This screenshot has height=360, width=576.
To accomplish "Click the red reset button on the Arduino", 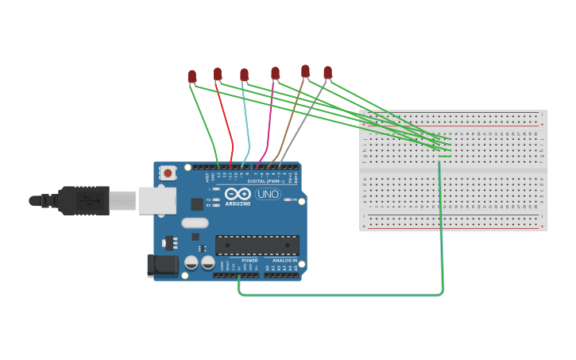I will click(168, 172).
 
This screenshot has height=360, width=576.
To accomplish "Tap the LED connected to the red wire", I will click(218, 74).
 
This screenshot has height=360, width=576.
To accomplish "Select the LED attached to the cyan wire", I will click(244, 75).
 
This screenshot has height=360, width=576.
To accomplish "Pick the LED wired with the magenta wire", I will click(275, 73).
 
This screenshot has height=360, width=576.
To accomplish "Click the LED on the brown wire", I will click(305, 71).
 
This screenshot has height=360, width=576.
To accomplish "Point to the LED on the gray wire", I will click(327, 72).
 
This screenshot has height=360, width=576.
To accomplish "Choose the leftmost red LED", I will click(191, 76).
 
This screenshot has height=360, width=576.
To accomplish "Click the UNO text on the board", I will click(268, 194).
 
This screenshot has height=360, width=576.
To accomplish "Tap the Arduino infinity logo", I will click(238, 193).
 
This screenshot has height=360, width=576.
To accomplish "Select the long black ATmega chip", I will click(257, 245).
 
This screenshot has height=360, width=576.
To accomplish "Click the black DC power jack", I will click(162, 265).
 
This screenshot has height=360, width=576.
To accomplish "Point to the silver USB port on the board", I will click(157, 200).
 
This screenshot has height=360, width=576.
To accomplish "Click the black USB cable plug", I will click(83, 200).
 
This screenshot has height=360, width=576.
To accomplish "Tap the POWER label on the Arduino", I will click(249, 261).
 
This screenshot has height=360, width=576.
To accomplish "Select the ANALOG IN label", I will click(285, 261).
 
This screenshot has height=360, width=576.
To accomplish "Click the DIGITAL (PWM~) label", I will click(268, 181).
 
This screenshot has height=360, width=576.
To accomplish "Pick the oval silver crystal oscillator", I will click(195, 223).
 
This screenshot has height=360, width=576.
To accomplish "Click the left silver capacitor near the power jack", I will click(191, 262).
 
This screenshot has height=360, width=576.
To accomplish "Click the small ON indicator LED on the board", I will click(286, 199).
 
